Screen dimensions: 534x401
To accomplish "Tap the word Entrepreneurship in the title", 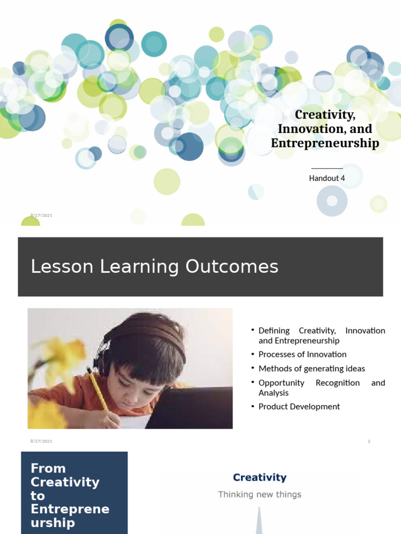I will tap(325, 143).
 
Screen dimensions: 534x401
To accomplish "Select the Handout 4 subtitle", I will tap(327, 178).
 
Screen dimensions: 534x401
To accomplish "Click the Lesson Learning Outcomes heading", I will tap(155, 266).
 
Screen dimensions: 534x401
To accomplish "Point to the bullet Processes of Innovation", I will tap(302, 354).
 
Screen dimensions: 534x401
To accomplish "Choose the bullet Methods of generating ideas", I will tap(312, 368).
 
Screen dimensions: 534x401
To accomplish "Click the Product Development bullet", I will tap(299, 406).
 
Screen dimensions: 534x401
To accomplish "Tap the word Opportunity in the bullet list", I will tap(281, 383).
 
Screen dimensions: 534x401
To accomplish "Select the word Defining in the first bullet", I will tap(274, 331).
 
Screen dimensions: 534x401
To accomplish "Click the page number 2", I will tap(369, 441).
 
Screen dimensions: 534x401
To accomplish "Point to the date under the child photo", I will tap(41, 441).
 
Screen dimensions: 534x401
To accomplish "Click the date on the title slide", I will tap(41, 215).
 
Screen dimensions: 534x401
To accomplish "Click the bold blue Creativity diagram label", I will tap(260, 477).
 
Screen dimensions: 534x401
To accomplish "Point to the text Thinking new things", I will tap(260, 494).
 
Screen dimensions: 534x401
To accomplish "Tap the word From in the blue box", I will tap(48, 468).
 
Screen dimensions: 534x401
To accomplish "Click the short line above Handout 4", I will tap(327, 169).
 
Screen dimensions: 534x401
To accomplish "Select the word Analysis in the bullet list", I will tap(274, 393).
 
